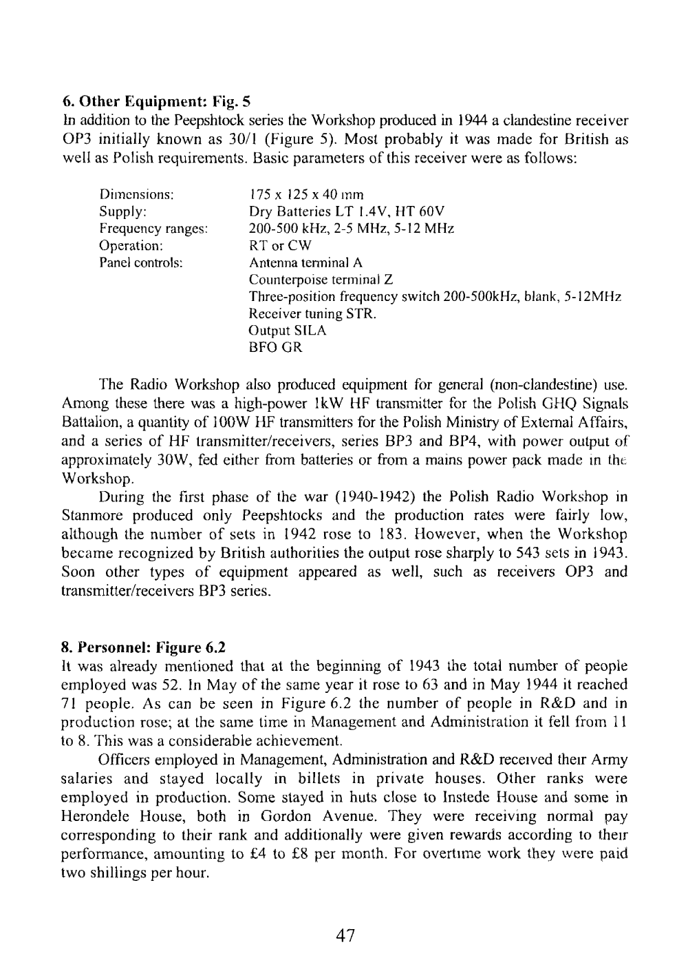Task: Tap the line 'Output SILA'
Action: click(288, 331)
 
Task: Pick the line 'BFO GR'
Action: click(275, 348)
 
